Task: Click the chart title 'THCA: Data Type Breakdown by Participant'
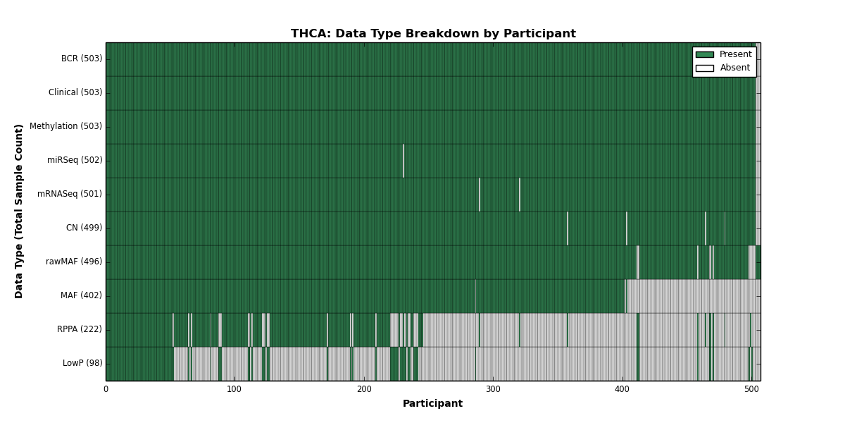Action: [x=433, y=34]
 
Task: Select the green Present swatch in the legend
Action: [x=705, y=55]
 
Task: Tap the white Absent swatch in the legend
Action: [x=705, y=68]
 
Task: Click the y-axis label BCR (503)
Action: [x=82, y=59]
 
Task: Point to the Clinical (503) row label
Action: [x=75, y=92]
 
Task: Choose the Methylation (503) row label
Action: [x=65, y=126]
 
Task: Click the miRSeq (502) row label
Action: [x=75, y=160]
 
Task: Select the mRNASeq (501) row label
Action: [x=70, y=194]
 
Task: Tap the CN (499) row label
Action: [x=84, y=228]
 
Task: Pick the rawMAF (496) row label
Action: [x=74, y=262]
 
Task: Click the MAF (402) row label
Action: [x=81, y=295]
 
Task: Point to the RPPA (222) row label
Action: [x=79, y=329]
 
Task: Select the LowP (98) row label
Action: [x=82, y=363]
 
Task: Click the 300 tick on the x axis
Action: [x=493, y=389]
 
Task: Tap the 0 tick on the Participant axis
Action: [x=106, y=389]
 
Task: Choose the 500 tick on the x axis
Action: [x=751, y=389]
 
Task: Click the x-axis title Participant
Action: [x=432, y=404]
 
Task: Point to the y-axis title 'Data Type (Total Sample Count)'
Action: [x=18, y=211]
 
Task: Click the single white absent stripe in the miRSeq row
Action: [x=403, y=161]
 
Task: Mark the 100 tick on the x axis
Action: [x=234, y=389]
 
